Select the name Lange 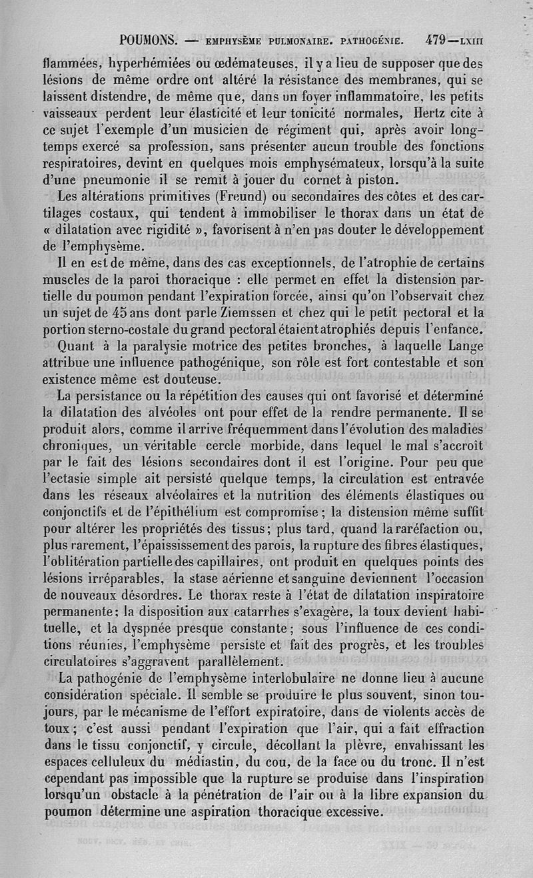point(465,346)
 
